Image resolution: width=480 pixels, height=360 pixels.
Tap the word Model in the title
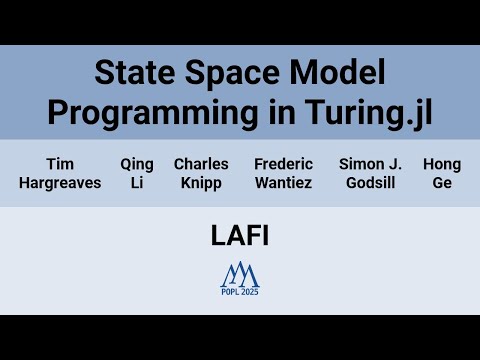point(333,73)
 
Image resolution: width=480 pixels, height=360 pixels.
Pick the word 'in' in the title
point(275,112)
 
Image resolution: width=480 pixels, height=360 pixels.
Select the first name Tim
point(60,164)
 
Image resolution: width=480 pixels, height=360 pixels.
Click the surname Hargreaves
point(60,183)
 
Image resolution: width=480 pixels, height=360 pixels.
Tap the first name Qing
point(137,164)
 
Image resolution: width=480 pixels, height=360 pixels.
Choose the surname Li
point(137,183)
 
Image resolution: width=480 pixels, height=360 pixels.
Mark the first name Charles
point(201,164)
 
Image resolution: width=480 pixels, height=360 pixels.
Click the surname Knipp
point(201,183)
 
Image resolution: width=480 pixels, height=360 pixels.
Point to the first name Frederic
point(283,164)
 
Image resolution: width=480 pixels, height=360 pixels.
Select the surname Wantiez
point(283,183)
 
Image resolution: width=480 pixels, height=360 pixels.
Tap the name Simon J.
point(369,164)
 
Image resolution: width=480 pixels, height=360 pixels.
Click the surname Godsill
point(369,183)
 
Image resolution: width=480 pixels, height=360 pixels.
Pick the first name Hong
point(441,164)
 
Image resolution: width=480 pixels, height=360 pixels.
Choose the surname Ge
point(441,183)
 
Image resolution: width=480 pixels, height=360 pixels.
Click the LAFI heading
point(240,236)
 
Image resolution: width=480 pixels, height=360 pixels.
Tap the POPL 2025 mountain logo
point(240,275)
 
